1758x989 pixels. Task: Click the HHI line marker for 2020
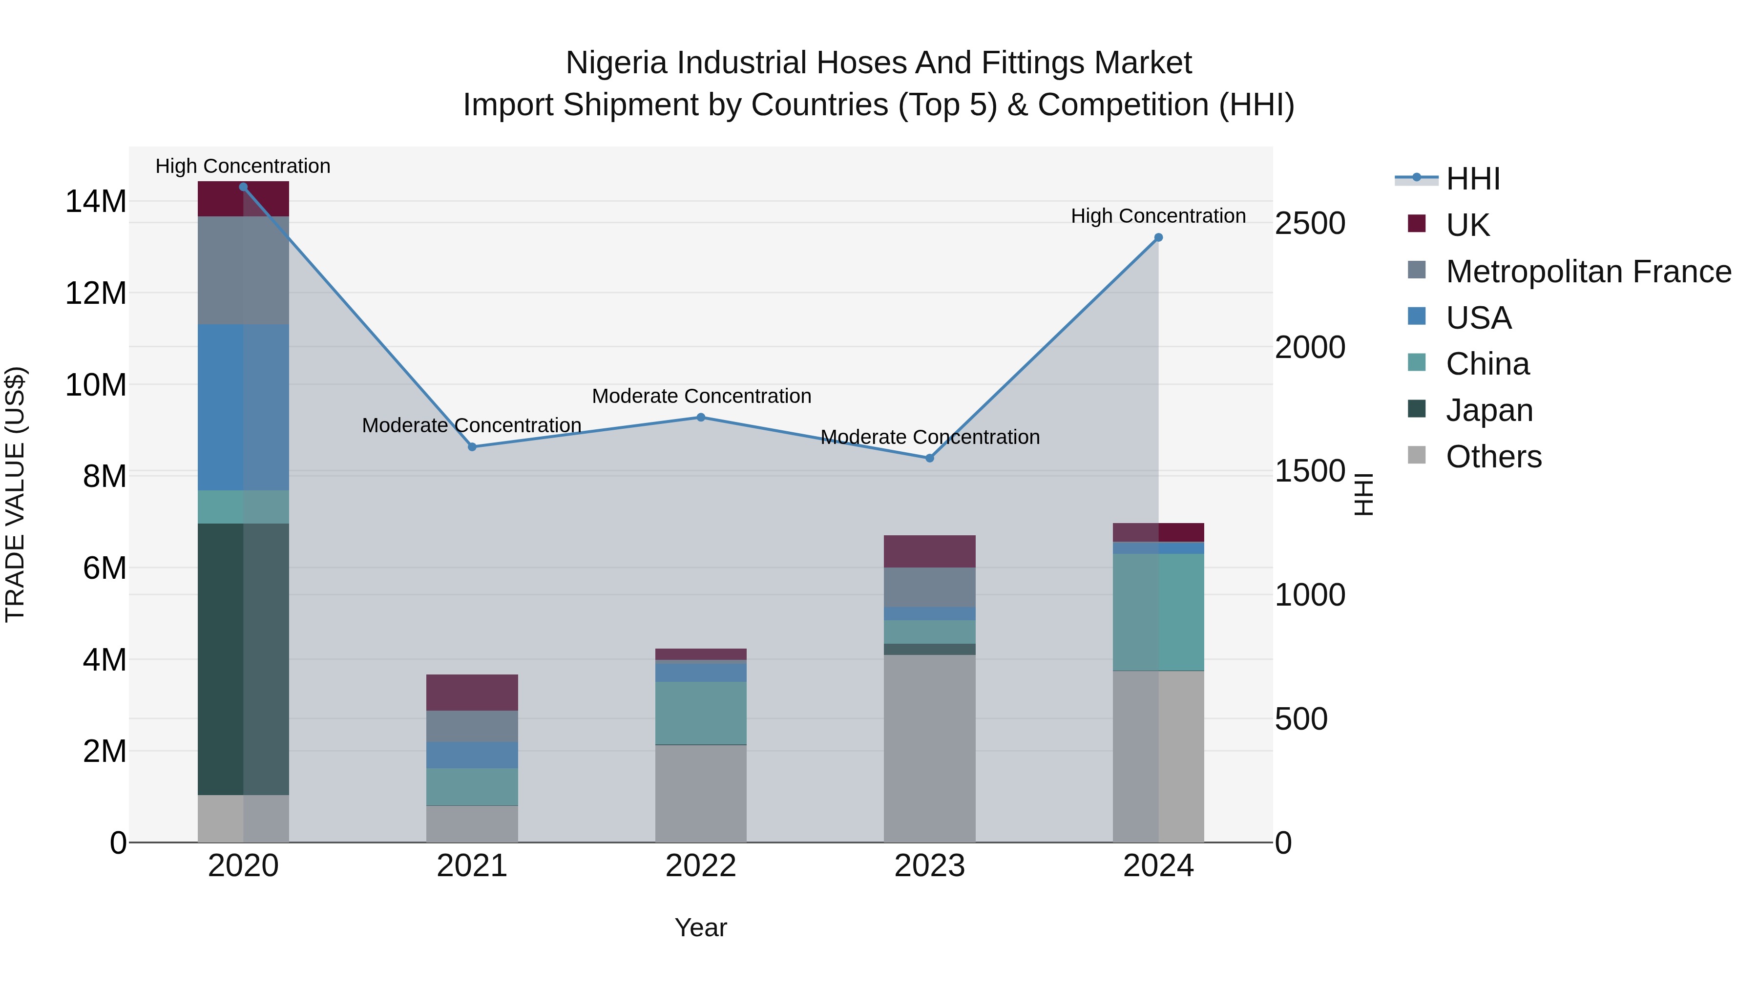click(243, 187)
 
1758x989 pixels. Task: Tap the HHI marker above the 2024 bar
click(1158, 237)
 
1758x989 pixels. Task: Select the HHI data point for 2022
click(701, 417)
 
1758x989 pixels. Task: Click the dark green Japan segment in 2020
click(243, 659)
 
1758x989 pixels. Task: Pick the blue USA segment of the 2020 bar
click(243, 407)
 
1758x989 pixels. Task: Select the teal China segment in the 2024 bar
click(1158, 612)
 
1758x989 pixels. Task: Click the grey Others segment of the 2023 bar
click(929, 748)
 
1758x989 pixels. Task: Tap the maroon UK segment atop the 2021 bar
click(472, 692)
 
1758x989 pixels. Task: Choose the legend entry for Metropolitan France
click(1588, 272)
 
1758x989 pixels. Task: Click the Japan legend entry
click(1488, 410)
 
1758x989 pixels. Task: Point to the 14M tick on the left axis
click(96, 201)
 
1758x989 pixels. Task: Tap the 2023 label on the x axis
click(929, 866)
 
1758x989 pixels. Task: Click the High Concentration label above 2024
click(1158, 216)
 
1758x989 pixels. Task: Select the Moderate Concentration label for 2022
click(701, 396)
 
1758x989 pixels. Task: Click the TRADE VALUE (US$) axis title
click(16, 494)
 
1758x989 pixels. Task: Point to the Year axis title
click(701, 927)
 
